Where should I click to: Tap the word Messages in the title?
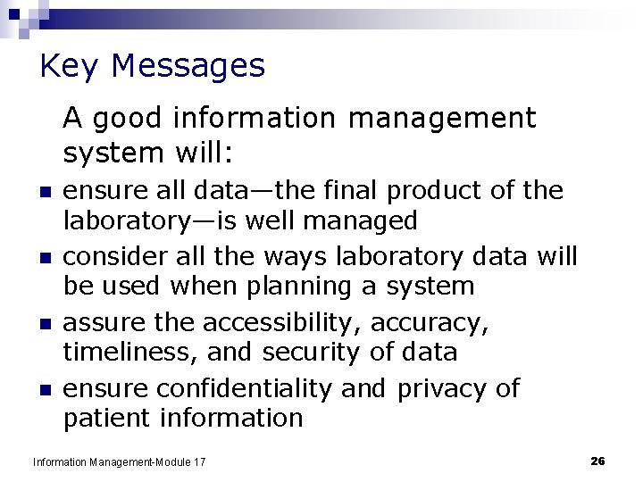[x=189, y=67]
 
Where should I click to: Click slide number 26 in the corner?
[x=598, y=461]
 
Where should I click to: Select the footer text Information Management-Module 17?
[x=119, y=461]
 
